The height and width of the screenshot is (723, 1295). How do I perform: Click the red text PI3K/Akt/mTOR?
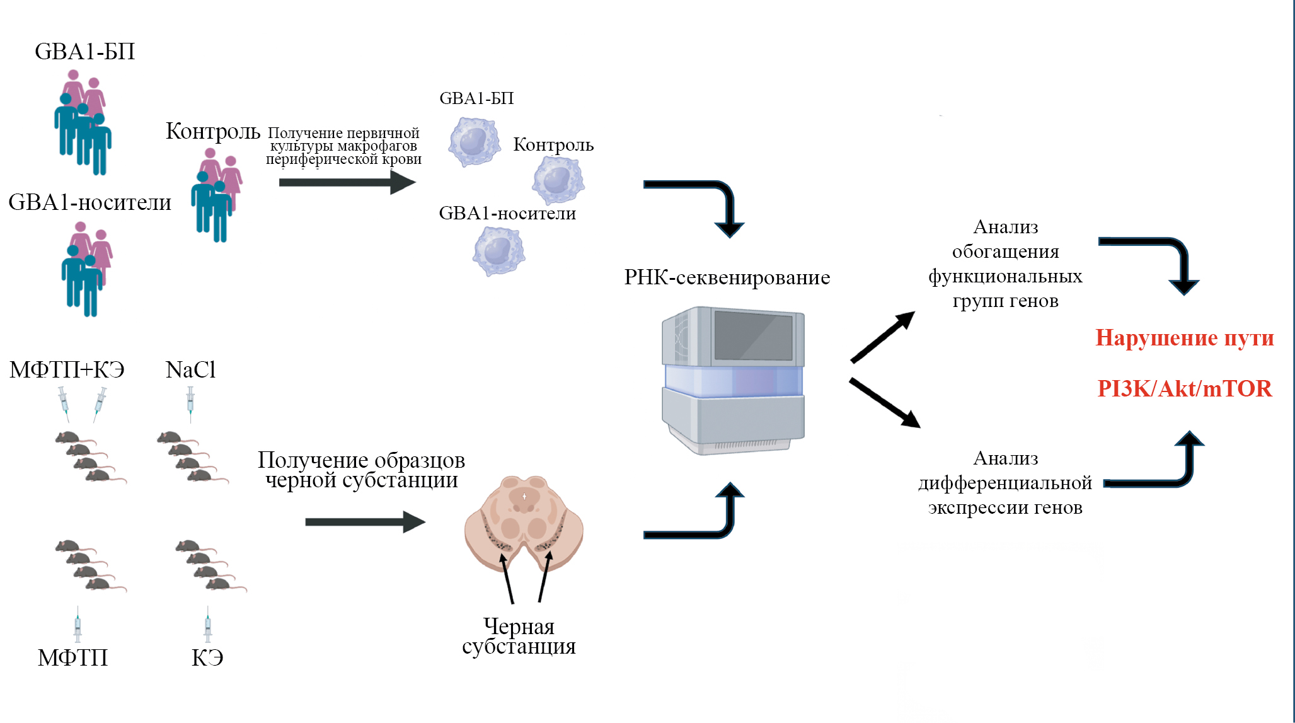coord(1184,388)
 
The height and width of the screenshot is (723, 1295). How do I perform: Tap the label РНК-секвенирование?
coord(727,277)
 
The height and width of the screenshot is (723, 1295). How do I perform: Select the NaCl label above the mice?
coord(190,369)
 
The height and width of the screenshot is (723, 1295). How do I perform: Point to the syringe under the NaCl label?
coord(190,403)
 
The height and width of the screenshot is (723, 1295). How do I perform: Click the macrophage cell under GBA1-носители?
coord(498,251)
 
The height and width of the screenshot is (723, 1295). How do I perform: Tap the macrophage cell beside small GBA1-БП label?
coord(474,142)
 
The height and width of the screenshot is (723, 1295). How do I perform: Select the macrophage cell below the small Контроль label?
coord(558,180)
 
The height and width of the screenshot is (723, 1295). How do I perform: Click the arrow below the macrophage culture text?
coord(347,182)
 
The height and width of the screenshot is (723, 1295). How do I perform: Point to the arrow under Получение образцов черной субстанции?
coord(365,522)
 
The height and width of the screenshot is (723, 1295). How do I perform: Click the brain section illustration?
coord(524,523)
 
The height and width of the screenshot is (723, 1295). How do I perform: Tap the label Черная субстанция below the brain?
coord(519,636)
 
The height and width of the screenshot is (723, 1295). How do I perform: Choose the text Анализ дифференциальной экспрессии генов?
coord(1005,483)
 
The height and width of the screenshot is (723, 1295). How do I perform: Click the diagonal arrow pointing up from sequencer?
coord(882,337)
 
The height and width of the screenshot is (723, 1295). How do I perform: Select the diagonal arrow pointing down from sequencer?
coord(884,403)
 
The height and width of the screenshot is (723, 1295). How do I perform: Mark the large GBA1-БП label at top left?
coord(84,52)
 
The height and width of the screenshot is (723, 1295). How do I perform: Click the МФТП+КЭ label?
coord(67,369)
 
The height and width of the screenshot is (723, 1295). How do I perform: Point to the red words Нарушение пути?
coord(1184,338)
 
